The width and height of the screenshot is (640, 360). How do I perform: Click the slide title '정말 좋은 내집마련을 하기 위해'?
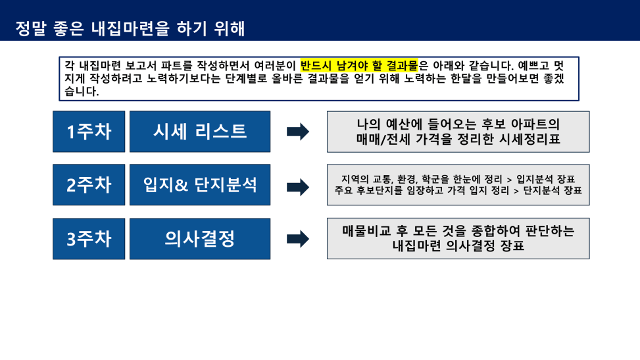(130, 28)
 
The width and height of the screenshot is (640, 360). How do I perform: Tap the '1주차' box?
(89, 132)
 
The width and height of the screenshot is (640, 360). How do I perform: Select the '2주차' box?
(89, 185)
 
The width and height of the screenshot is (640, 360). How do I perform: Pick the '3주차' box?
(89, 239)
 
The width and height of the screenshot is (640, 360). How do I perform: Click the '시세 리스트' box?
(200, 132)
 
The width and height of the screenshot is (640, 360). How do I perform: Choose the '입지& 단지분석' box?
(200, 185)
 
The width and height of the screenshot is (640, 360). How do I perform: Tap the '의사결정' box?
(200, 239)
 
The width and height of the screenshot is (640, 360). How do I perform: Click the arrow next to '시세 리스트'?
(298, 132)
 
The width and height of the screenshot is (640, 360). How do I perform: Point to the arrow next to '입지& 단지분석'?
(298, 187)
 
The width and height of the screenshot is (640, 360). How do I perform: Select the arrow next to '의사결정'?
(298, 239)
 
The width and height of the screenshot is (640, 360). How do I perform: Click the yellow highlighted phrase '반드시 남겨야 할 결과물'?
(359, 65)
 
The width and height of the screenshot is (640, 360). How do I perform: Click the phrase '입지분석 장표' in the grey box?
(546, 179)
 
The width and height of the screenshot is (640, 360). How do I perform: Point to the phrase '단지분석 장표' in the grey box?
(553, 190)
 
